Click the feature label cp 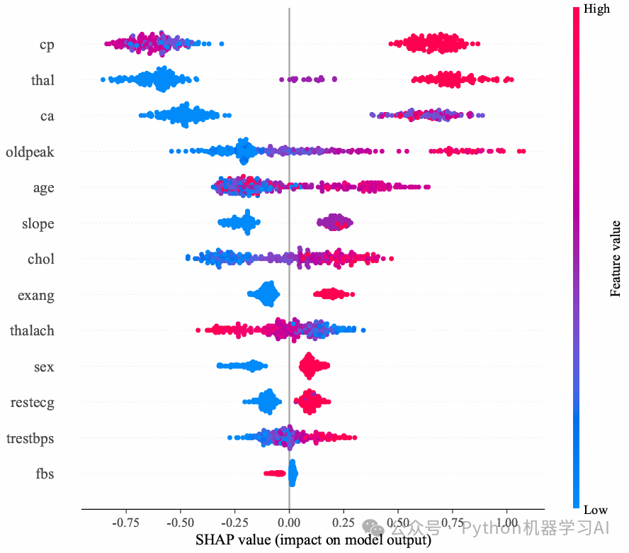(x=47, y=45)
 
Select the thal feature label (x=42, y=80)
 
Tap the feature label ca (x=47, y=116)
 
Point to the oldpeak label (x=30, y=152)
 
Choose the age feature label (x=43, y=189)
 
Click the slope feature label (x=38, y=223)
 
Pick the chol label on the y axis (x=41, y=259)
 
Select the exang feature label (x=36, y=295)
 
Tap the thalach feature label (x=32, y=330)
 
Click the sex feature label (x=44, y=367)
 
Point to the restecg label (x=33, y=403)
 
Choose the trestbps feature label (x=30, y=438)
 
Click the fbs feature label (x=45, y=473)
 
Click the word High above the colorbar (x=596, y=9)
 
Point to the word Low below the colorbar (x=596, y=510)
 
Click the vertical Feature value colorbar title (x=616, y=258)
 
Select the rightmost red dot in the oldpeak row (x=522, y=151)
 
